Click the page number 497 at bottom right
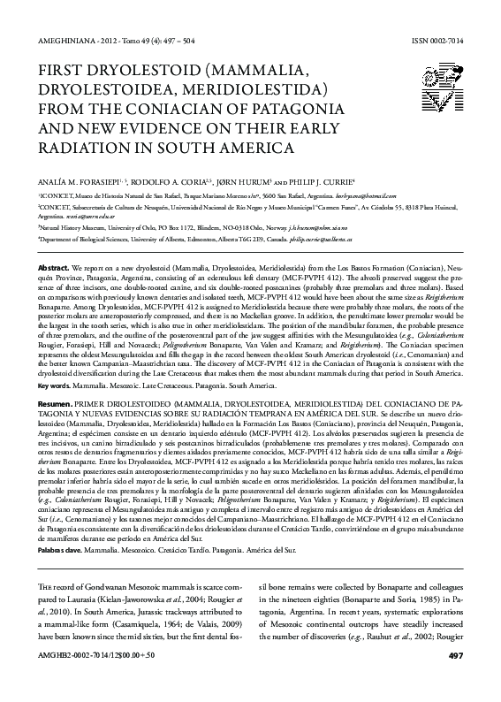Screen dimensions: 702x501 click(x=455, y=679)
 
